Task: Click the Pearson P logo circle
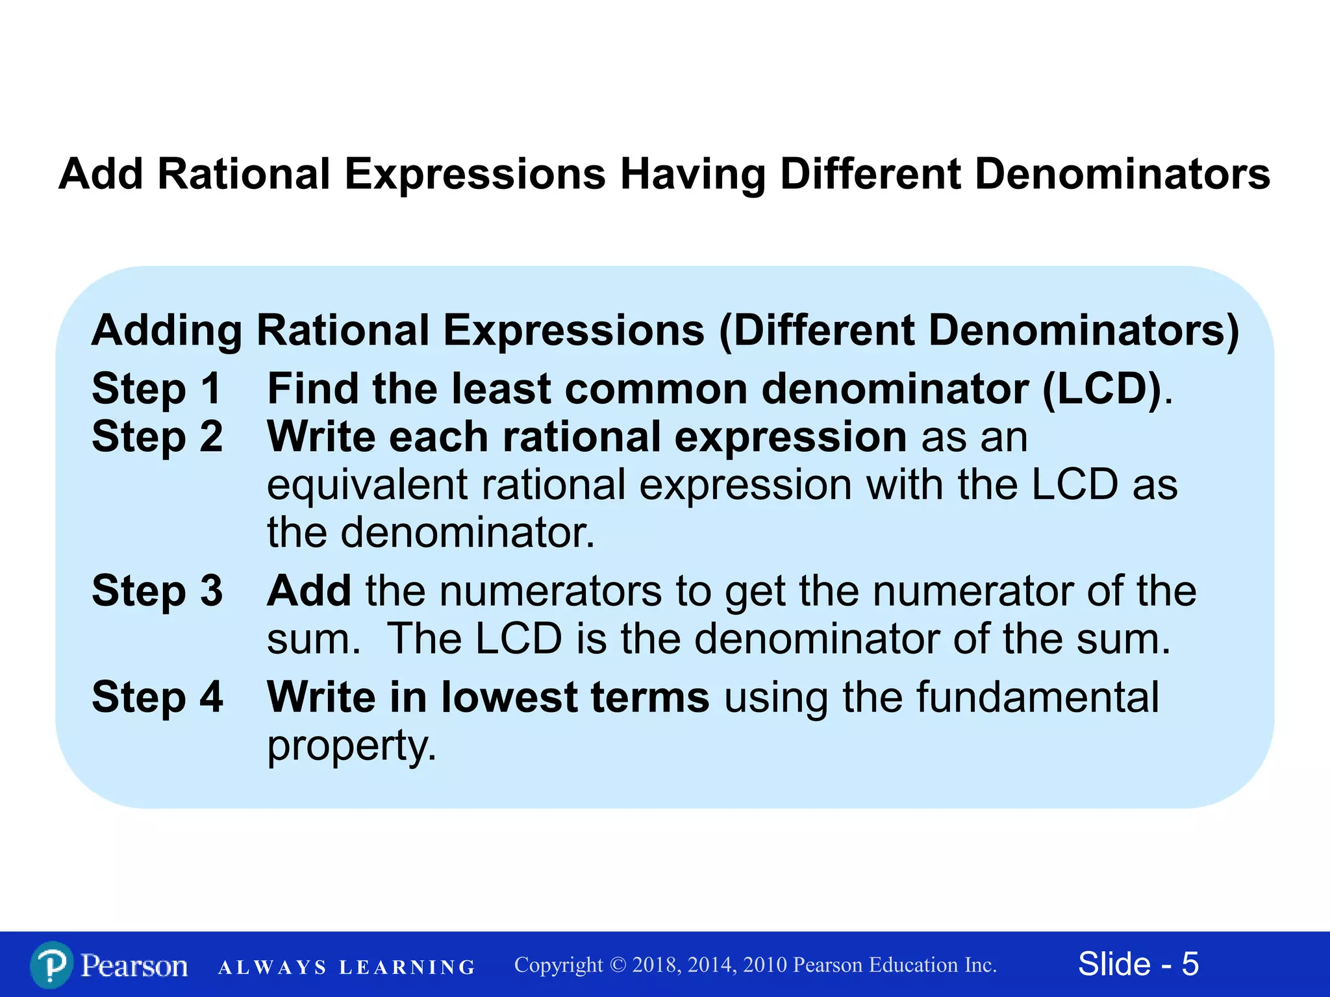[51, 965]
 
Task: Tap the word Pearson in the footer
[134, 965]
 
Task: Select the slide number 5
[1190, 964]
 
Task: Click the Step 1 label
[157, 389]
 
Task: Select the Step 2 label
[157, 437]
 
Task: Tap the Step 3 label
[157, 591]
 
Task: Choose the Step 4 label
[157, 698]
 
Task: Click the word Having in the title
[692, 175]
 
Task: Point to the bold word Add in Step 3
[309, 591]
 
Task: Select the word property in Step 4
[351, 746]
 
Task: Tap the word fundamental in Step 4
[1036, 698]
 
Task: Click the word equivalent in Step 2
[367, 486]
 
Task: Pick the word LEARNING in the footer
[407, 968]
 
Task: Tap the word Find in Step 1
[312, 389]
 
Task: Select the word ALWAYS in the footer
[272, 968]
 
